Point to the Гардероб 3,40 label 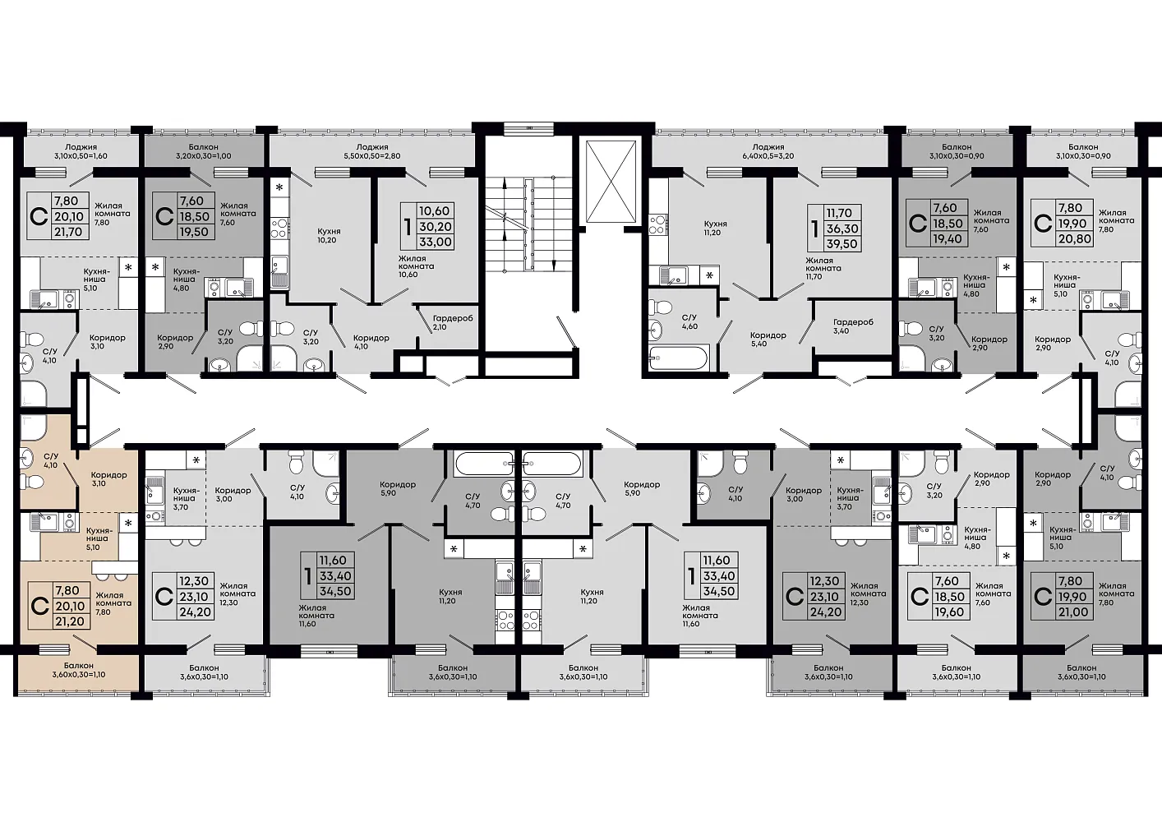coord(853,326)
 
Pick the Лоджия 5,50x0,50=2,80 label coord(372,151)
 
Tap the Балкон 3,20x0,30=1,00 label coord(203,151)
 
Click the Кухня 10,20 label coord(327,236)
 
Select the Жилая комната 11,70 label coord(823,268)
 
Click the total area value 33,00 coord(436,242)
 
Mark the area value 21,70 coord(68,232)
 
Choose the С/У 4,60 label coord(689,321)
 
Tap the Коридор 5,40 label coord(768,339)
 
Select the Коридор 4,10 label coord(371,341)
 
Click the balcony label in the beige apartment coord(79,670)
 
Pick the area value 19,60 coord(949,612)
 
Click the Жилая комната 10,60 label coord(416,266)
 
